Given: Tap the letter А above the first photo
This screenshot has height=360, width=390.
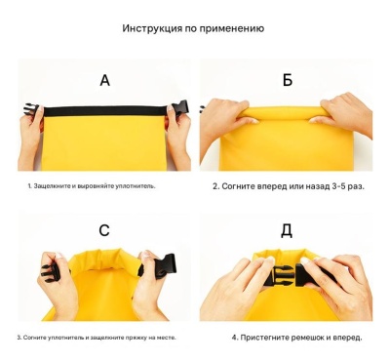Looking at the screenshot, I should click(x=103, y=80).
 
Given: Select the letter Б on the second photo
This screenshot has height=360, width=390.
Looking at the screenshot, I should click(x=287, y=80).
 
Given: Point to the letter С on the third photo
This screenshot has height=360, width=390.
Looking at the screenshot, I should click(x=103, y=231).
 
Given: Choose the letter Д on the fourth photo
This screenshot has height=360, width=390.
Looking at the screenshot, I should click(x=287, y=231).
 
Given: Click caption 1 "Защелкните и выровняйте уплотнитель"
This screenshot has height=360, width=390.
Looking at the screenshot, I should click(x=91, y=184).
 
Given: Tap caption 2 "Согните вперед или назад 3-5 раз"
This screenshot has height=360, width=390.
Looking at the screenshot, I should click(x=288, y=184).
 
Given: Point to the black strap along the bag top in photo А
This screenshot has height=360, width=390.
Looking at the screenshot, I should click(x=103, y=110).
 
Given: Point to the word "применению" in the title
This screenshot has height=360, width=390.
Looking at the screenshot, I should click(x=229, y=28).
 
